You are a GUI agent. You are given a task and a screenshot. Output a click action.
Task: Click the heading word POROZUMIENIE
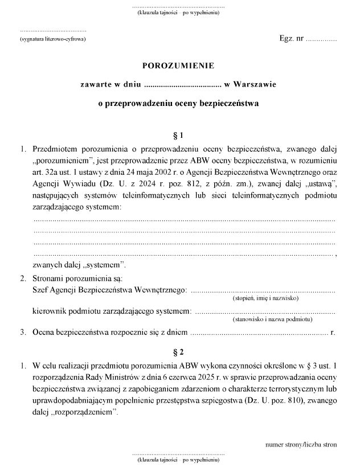pos(178,65)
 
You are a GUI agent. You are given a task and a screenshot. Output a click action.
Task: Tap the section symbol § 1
pos(178,136)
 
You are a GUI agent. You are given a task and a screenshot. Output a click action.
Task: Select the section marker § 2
pos(178,351)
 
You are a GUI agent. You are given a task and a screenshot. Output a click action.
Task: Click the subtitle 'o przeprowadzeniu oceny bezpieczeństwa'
pos(178,104)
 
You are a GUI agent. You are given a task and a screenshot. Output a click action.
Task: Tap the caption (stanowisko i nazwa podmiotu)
pos(266,320)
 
